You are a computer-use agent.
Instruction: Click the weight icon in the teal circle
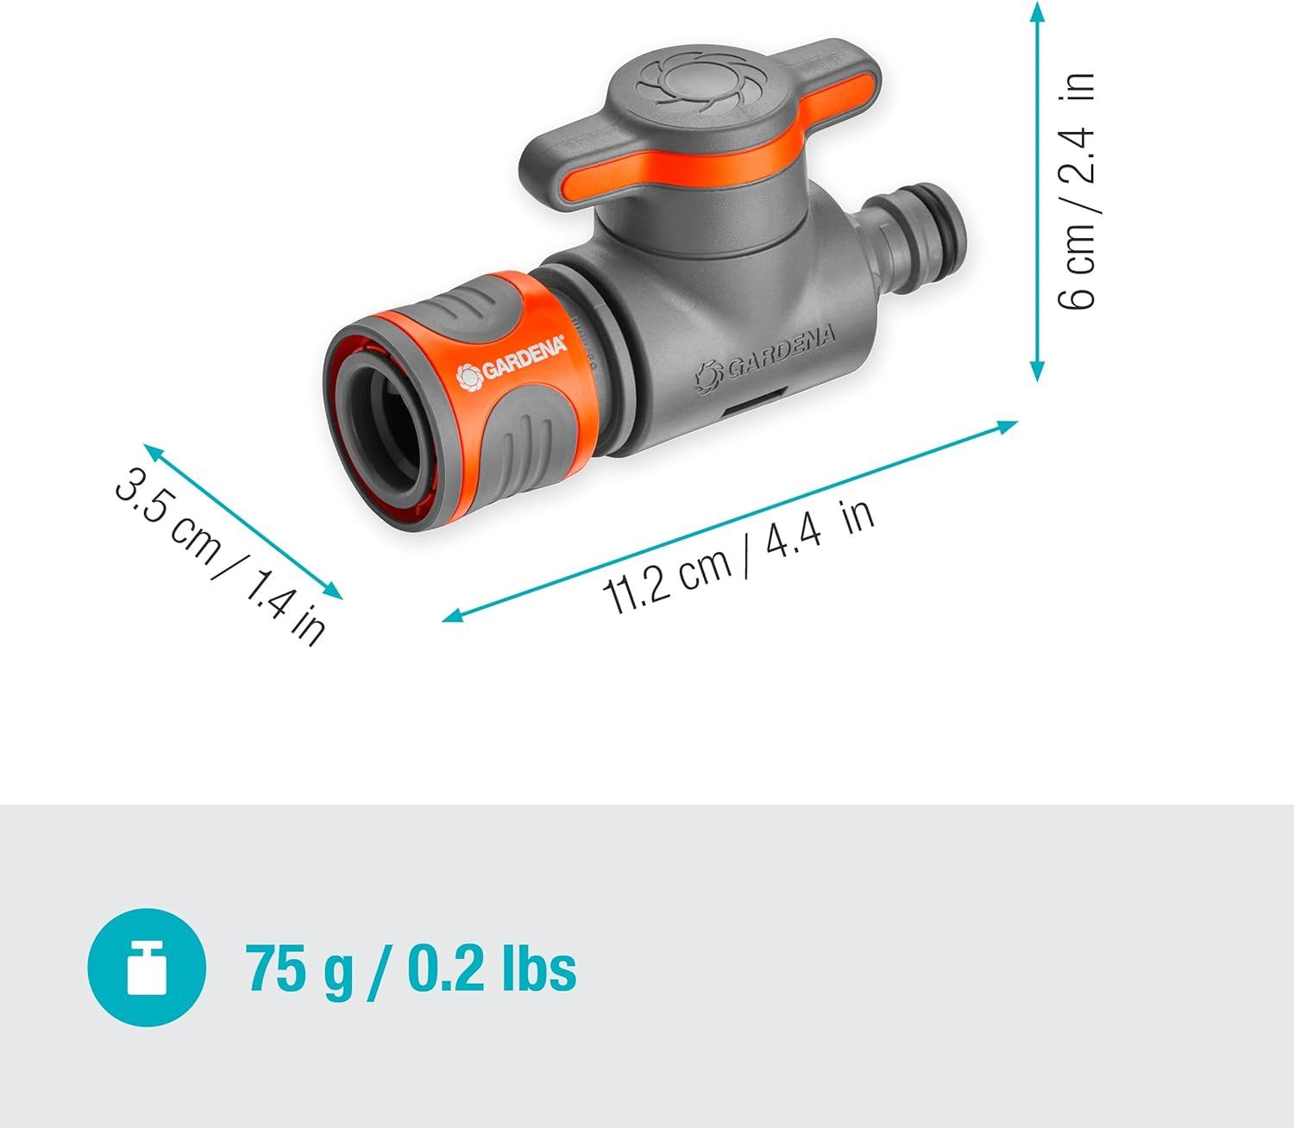tap(147, 968)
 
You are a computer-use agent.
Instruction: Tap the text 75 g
tap(298, 969)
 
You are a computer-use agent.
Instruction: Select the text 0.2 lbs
tap(491, 969)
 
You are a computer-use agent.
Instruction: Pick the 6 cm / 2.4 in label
tap(1077, 191)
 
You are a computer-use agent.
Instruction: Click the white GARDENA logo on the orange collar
tap(512, 360)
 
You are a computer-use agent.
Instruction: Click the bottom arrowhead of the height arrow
tap(1038, 373)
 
